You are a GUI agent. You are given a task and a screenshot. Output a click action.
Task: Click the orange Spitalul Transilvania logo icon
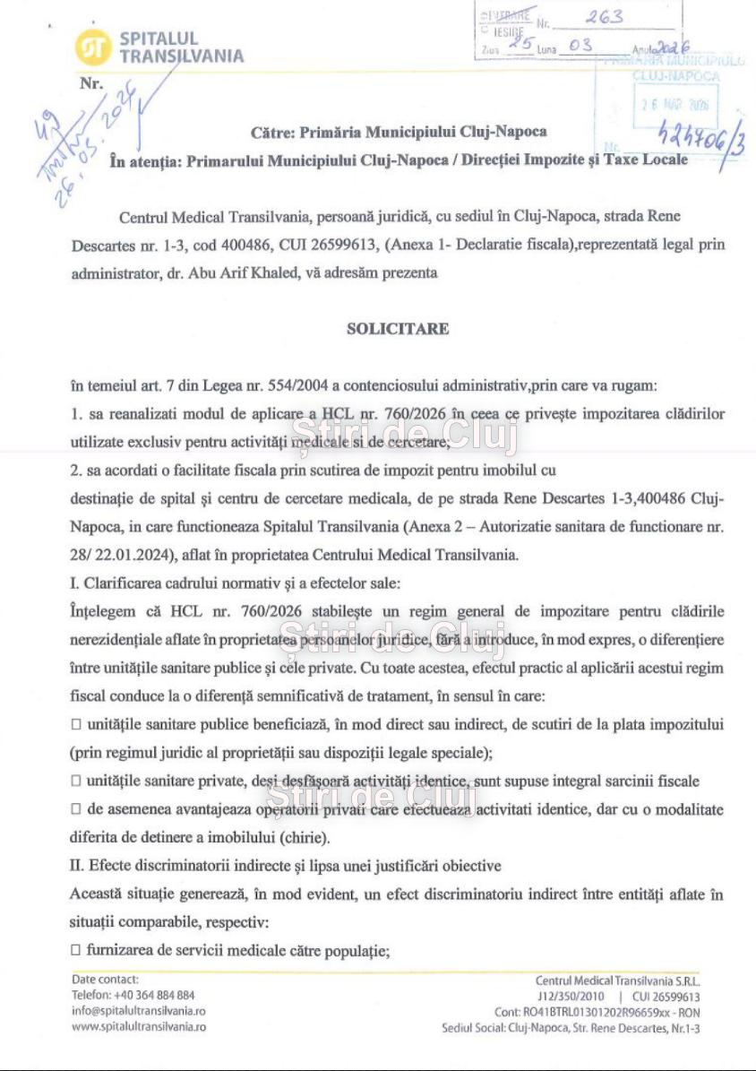(93, 48)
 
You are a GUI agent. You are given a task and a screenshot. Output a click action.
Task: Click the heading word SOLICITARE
(398, 329)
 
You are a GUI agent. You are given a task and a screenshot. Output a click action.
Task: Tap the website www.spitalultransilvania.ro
(139, 1026)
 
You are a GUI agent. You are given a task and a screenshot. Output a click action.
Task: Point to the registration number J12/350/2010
(571, 997)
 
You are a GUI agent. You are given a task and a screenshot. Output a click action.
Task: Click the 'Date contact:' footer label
(105, 980)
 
